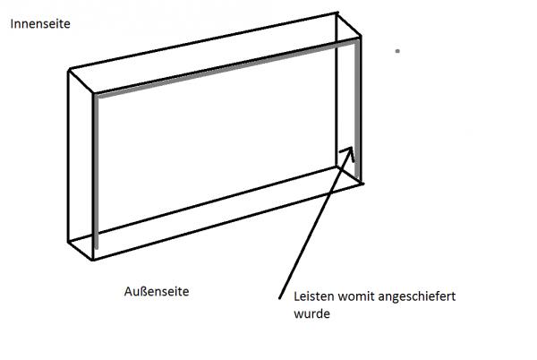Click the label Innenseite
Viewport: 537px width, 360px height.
click(x=39, y=24)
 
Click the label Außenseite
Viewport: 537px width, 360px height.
click(x=157, y=291)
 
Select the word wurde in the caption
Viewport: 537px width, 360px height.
click(x=311, y=313)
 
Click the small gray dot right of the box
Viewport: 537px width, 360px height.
click(x=397, y=52)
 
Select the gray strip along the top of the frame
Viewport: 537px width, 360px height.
click(x=224, y=66)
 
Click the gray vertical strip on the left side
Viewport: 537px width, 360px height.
click(x=95, y=170)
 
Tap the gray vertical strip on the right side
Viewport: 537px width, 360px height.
click(x=358, y=99)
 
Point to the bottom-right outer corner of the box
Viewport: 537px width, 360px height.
click(x=364, y=183)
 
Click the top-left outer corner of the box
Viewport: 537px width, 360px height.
click(x=69, y=70)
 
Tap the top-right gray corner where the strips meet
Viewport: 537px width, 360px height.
click(x=358, y=39)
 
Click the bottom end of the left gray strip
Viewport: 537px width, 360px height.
click(x=95, y=247)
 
